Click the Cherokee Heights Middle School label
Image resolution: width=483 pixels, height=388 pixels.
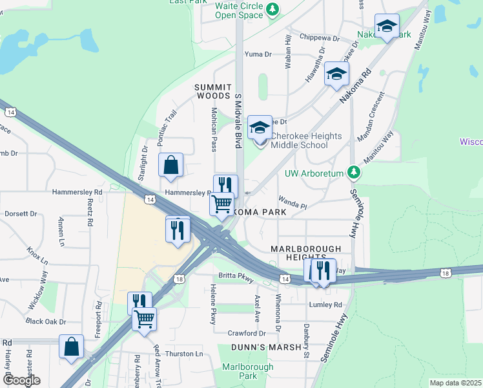tap(299, 140)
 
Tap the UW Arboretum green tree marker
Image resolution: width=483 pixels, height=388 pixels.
tap(353, 173)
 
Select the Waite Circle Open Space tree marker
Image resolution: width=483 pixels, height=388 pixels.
tap(273, 9)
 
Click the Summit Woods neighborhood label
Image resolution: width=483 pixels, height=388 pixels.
tap(213, 91)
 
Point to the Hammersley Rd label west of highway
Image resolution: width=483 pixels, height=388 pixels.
tap(80, 192)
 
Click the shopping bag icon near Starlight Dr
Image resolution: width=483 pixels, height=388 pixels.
tap(170, 166)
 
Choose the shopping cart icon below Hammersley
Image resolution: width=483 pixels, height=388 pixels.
tap(222, 204)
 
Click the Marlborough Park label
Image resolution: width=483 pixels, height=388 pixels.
tap(239, 371)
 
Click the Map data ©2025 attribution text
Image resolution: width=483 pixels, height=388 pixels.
tap(455, 383)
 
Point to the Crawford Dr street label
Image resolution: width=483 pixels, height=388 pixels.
tap(247, 333)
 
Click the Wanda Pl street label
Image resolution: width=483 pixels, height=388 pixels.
tap(292, 204)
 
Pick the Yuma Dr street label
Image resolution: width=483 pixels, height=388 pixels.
tap(258, 54)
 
